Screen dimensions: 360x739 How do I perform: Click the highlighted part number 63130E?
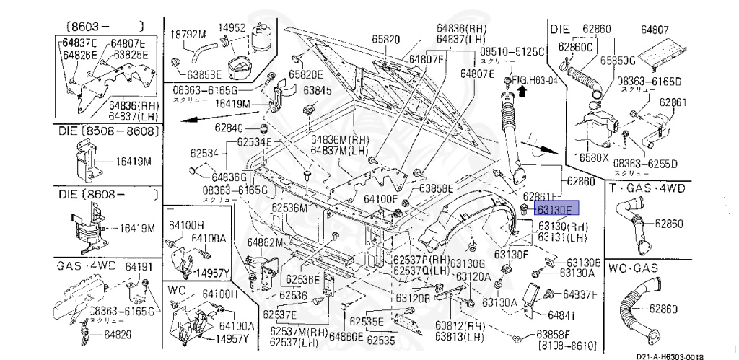pyautogui.click(x=554, y=209)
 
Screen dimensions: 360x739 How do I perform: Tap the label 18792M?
pyautogui.click(x=188, y=33)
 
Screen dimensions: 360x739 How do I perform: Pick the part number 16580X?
pyautogui.click(x=591, y=156)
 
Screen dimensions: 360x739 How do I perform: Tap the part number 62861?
pyautogui.click(x=674, y=102)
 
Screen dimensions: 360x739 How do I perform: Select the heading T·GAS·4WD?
pyautogui.click(x=646, y=189)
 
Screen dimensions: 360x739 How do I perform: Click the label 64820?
pyautogui.click(x=117, y=335)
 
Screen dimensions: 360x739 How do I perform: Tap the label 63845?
pyautogui.click(x=317, y=91)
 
